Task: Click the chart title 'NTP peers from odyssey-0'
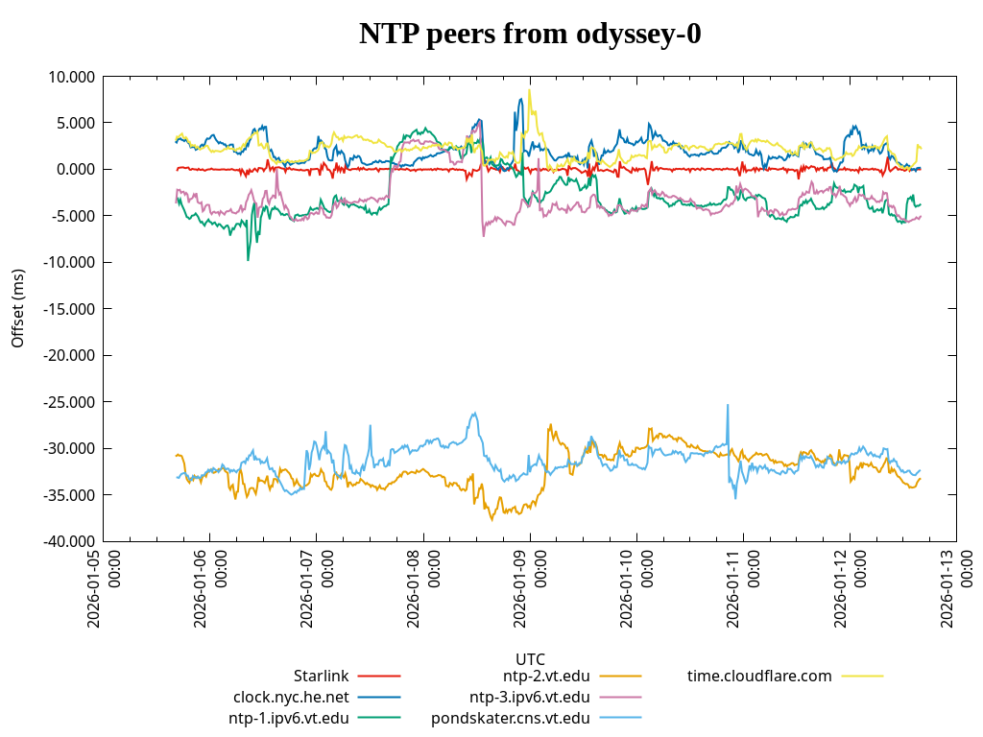click(x=530, y=35)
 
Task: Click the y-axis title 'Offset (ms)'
click(x=18, y=308)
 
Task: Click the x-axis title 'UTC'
click(x=530, y=659)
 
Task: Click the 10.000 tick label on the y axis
click(x=72, y=77)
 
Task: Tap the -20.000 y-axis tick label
click(x=70, y=356)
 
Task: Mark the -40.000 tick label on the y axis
click(x=70, y=542)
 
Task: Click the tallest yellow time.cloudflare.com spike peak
click(x=529, y=90)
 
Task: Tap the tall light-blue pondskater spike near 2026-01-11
click(x=728, y=405)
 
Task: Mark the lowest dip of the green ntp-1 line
click(x=248, y=260)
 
